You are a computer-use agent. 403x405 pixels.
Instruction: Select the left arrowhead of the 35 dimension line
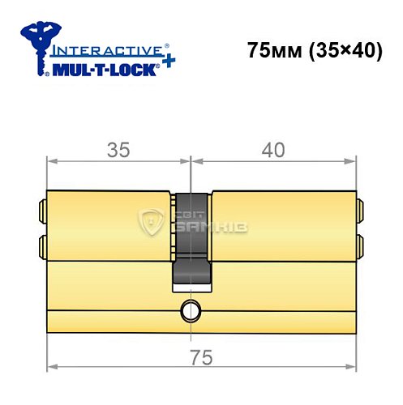[x=50, y=160]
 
